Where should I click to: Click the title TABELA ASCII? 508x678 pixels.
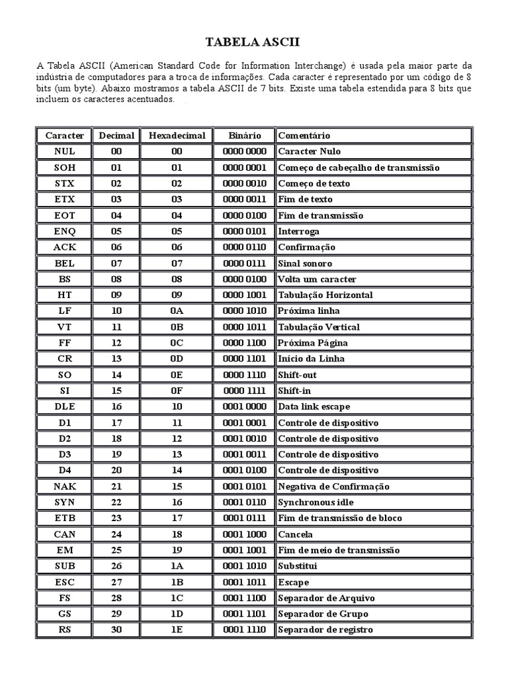click(253, 42)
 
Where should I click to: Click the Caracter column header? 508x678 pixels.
click(64, 136)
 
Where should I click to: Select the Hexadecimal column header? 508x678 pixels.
click(177, 136)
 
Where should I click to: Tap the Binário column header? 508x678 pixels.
click(244, 136)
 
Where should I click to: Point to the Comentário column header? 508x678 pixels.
click(304, 136)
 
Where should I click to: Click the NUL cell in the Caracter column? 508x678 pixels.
click(64, 152)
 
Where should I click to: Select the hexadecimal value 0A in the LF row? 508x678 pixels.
click(177, 311)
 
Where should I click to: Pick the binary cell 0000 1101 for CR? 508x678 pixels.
click(244, 359)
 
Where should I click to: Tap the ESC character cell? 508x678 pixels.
click(64, 582)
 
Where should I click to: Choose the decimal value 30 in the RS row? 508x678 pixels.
click(116, 630)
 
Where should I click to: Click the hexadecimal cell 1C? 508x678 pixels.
click(177, 598)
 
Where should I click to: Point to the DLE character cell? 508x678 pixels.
click(64, 407)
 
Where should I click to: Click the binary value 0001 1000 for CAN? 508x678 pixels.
click(244, 534)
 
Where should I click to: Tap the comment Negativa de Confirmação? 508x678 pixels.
click(333, 487)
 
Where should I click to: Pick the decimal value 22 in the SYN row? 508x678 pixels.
click(116, 503)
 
